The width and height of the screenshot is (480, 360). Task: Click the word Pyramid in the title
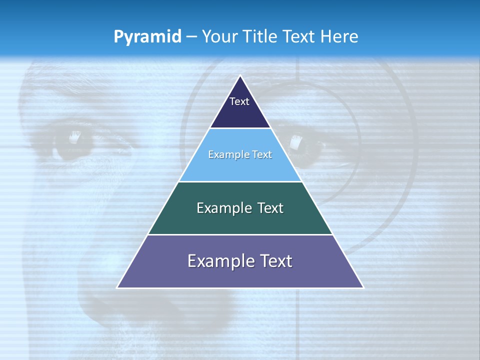point(147,37)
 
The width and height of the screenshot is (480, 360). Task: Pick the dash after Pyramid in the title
point(191,37)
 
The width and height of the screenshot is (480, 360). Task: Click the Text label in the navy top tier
point(239,101)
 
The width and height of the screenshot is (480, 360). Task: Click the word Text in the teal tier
point(271,208)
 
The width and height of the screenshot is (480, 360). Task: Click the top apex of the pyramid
point(240,76)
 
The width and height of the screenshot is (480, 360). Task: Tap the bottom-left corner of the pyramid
point(117,287)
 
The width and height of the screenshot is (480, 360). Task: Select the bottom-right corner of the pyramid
point(363,287)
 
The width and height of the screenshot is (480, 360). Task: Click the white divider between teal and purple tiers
point(240,234)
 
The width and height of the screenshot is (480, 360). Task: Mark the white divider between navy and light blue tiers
point(240,128)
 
